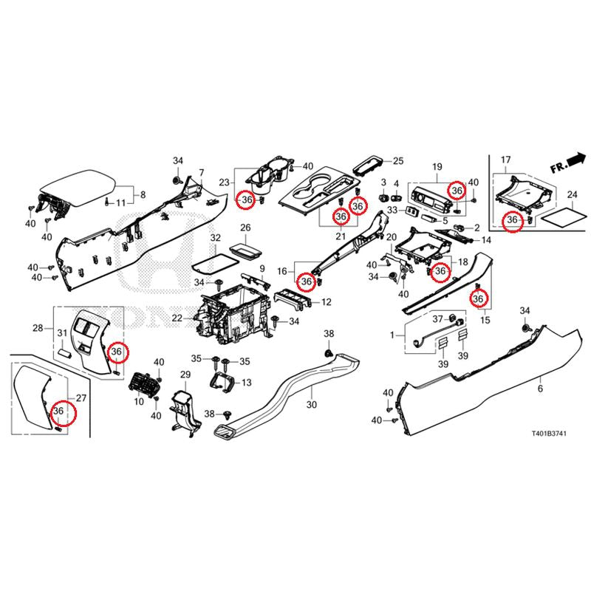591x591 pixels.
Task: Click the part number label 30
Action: pyautogui.click(x=310, y=406)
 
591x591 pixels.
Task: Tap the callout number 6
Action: pyautogui.click(x=539, y=389)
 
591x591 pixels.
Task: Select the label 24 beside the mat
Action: pyautogui.click(x=571, y=195)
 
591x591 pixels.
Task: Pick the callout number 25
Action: pyautogui.click(x=398, y=161)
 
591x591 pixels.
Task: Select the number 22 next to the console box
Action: pyautogui.click(x=177, y=318)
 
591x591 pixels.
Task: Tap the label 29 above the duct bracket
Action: pyautogui.click(x=185, y=376)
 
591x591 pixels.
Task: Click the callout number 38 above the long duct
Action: pyautogui.click(x=329, y=335)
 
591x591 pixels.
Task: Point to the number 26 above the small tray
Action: pyautogui.click(x=245, y=228)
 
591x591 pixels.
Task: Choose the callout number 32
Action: pyautogui.click(x=215, y=238)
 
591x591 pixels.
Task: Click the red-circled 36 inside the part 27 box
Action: pyautogui.click(x=58, y=411)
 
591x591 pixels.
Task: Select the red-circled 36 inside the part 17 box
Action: pyautogui.click(x=510, y=220)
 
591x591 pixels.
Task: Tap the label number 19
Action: pyautogui.click(x=437, y=167)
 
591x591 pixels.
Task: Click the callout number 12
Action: pyautogui.click(x=326, y=302)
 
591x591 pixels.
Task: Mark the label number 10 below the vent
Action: pyautogui.click(x=138, y=402)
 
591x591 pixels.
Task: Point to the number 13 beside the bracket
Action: pyautogui.click(x=246, y=382)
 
